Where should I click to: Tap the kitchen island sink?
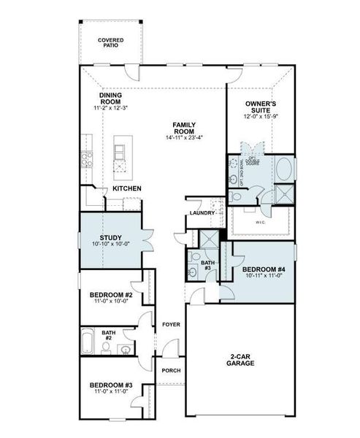(119, 152)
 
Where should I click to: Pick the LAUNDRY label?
(201, 212)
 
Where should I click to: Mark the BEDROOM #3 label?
(110, 385)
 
